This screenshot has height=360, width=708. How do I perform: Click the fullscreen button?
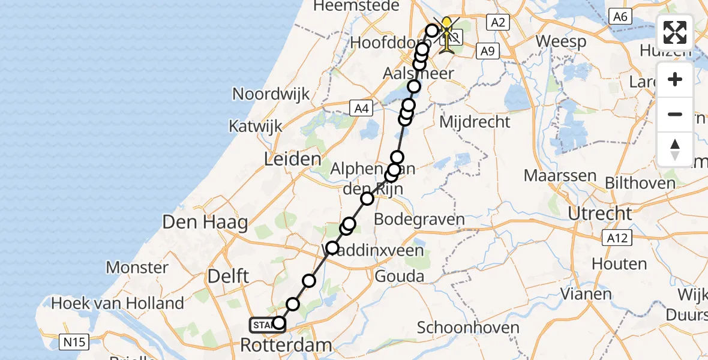675,32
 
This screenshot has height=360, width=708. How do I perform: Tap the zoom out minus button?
675,114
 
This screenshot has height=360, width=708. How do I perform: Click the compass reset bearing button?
675,149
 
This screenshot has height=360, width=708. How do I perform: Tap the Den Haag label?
205,223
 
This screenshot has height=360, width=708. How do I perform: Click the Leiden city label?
292,159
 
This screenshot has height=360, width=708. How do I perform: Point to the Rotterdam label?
286,345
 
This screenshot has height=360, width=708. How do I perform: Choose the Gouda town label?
399,277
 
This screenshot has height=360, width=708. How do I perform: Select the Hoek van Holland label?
118,303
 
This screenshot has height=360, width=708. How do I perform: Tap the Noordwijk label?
271,94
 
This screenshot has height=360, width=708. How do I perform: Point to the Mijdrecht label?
475,122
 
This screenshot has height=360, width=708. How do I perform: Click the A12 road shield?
617,238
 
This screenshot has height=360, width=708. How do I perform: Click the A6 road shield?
620,17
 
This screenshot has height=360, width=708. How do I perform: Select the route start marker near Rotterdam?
265,325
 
